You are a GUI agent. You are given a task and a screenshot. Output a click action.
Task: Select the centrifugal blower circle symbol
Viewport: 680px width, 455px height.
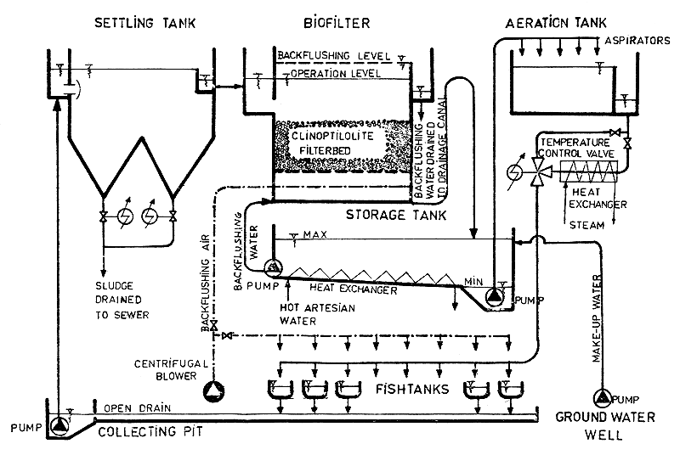212,390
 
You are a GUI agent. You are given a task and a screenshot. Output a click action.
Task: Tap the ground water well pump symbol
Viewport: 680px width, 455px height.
603,396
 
